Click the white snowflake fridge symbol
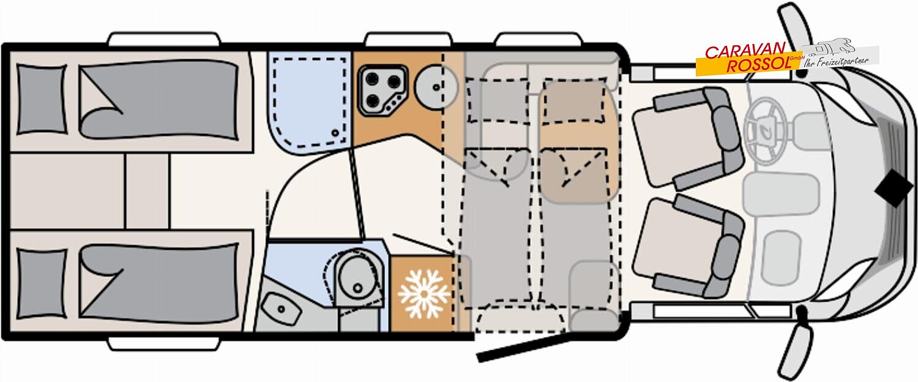(424, 294)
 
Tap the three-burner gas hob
(382, 89)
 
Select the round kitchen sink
(435, 86)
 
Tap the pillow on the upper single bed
(41, 99)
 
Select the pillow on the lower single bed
(41, 283)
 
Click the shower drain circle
(335, 132)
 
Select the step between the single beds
(147, 192)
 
